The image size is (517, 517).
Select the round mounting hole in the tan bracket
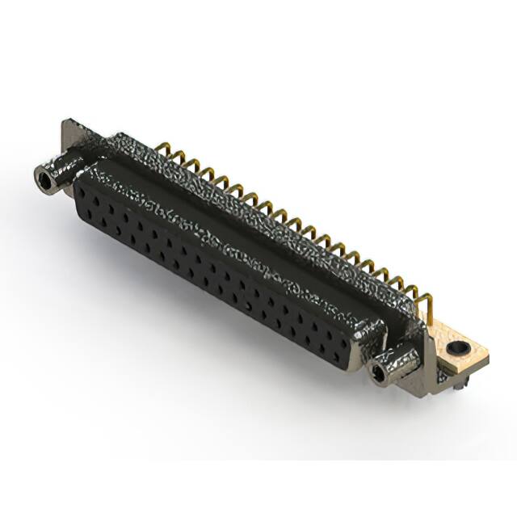click(457, 349)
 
